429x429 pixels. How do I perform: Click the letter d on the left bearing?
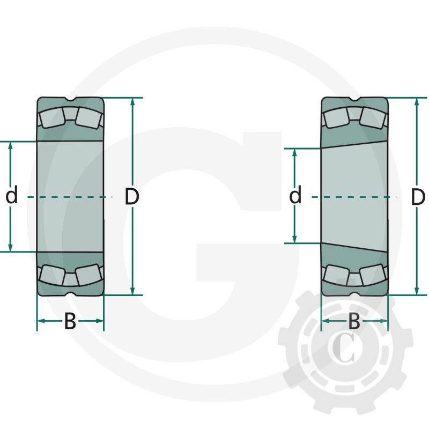11,196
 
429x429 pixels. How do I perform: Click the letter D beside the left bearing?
132,197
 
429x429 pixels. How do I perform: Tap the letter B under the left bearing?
70,322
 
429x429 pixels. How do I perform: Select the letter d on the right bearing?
295,196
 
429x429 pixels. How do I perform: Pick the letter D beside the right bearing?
418,197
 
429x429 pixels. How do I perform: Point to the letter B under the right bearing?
354,322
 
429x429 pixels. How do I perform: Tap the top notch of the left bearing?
70,99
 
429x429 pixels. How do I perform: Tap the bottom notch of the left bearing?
70,293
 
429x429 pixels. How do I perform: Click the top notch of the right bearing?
354,99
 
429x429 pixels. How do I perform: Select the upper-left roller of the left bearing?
51,118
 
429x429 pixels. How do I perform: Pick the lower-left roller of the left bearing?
51,275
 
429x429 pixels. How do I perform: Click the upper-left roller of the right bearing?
335,118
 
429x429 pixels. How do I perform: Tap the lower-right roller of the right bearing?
373,275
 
